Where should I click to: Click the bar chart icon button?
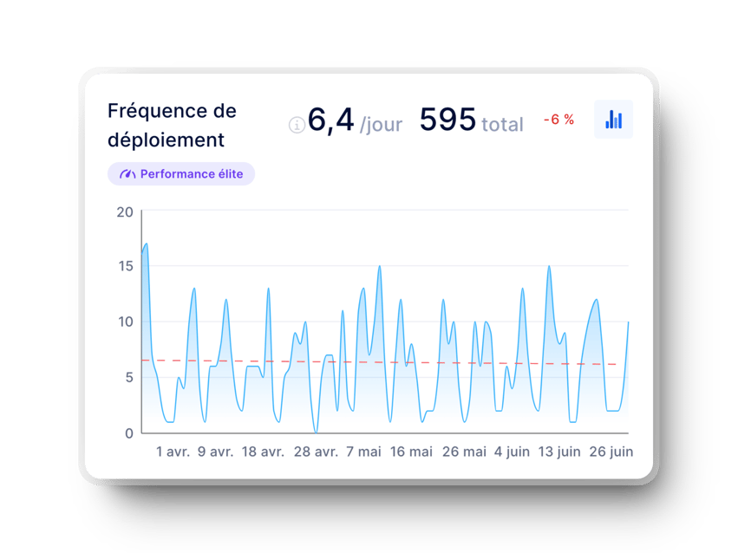point(613,120)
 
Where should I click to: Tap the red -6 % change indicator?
point(558,120)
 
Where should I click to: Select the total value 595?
point(447,120)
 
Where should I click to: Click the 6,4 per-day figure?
point(330,120)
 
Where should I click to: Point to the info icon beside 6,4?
point(297,126)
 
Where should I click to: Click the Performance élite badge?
point(181,174)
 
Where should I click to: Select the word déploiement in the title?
point(166,140)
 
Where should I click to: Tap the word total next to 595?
point(502,125)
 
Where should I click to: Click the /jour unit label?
point(381,125)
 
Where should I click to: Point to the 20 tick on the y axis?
point(125,211)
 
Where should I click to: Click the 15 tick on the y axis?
point(125,266)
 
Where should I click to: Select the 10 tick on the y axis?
point(125,322)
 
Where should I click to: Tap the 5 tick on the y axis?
point(128,377)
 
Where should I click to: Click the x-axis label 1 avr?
point(173,452)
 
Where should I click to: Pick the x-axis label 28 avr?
point(316,452)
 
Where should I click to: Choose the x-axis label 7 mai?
point(363,452)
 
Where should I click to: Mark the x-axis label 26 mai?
point(464,452)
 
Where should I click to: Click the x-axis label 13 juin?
point(559,452)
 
